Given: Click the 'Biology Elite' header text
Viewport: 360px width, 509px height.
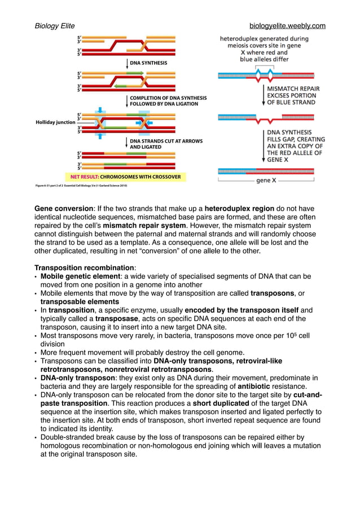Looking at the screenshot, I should pyautogui.click(x=55, y=26).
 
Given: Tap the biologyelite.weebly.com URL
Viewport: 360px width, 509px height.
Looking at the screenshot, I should pyautogui.click(x=287, y=26).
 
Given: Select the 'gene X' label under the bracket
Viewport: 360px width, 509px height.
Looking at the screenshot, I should pyautogui.click(x=266, y=181).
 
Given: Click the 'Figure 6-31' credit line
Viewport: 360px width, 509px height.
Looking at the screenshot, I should pyautogui.click(x=81, y=185).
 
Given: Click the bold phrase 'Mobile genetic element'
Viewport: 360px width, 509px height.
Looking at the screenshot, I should pyautogui.click(x=80, y=276).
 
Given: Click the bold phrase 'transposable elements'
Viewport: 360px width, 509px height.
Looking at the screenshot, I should pyautogui.click(x=80, y=302).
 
